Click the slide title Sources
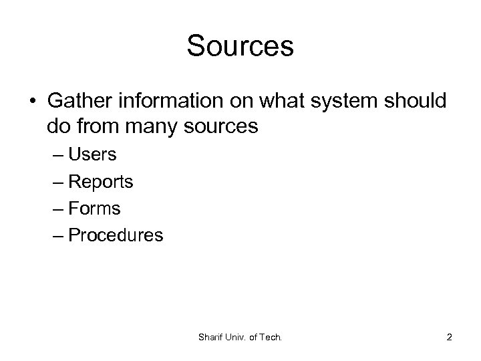coord(240,46)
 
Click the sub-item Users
coord(93,155)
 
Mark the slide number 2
coord(449,338)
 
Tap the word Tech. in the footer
coord(271,338)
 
